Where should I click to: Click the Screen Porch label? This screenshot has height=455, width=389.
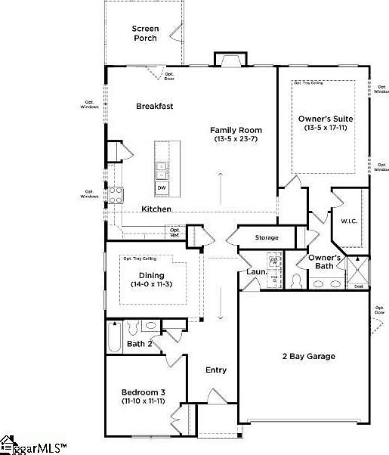[x=146, y=33]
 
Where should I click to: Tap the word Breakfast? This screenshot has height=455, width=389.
[x=154, y=107]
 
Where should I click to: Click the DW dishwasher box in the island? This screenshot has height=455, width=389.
[x=162, y=187]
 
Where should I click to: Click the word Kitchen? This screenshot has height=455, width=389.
[x=156, y=209]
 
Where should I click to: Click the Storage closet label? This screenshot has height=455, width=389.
[x=266, y=238]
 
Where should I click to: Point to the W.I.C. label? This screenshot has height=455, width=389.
[x=348, y=221]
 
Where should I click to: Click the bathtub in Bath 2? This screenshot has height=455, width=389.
[x=114, y=336]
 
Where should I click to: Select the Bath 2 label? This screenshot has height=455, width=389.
[x=140, y=345]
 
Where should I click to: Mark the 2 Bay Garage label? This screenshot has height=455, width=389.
[x=309, y=356]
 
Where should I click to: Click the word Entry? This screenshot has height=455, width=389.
[x=216, y=370]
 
